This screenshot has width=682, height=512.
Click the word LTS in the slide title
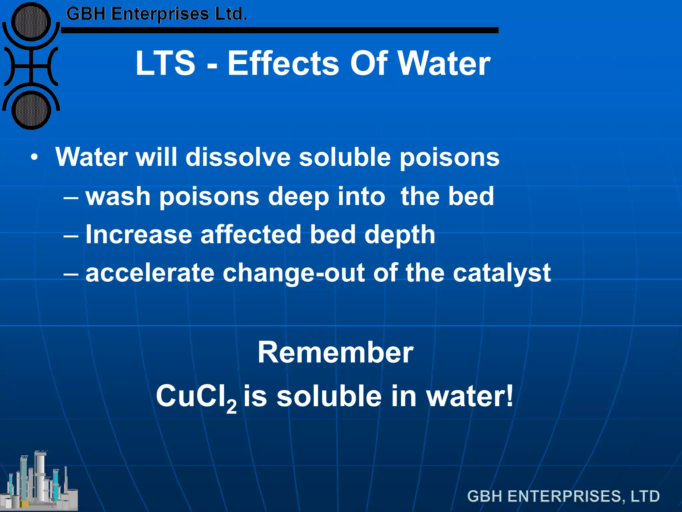pos(165,63)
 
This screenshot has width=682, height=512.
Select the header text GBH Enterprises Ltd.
pos(157,14)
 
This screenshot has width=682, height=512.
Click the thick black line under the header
pos(280,30)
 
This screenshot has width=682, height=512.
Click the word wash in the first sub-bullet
pos(118,196)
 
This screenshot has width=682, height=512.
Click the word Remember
pos(335,352)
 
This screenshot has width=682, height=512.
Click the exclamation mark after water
pos(510,396)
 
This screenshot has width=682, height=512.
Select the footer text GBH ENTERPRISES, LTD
pos(563,496)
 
